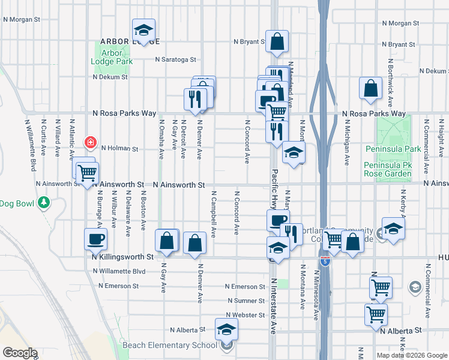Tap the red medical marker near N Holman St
[90, 142]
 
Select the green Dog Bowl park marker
[43, 203]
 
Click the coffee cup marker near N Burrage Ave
[96, 239]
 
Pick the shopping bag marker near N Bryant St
[277, 42]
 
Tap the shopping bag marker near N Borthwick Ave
[371, 88]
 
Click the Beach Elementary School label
[169, 345]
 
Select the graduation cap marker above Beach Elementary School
[226, 329]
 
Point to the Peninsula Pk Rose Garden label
[388, 169]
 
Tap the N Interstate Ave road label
[274, 306]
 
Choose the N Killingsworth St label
[123, 256]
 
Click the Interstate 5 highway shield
[324, 262]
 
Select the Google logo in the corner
[20, 352]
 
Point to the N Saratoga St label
[176, 59]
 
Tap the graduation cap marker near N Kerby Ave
[394, 229]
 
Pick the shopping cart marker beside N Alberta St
[376, 313]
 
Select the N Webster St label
[245, 315]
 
